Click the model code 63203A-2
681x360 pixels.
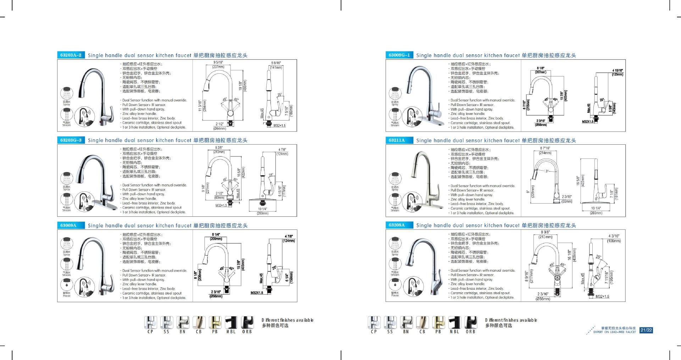[71, 55]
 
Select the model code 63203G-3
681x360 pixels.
[71, 140]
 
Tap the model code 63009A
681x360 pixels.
[68, 225]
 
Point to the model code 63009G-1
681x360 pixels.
[399, 55]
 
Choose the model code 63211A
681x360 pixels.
[397, 140]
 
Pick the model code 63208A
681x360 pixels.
[397, 225]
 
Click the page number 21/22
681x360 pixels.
[646, 330]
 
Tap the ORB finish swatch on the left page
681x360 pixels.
[247, 322]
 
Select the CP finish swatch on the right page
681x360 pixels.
[374, 322]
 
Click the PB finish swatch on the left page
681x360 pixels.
[215, 322]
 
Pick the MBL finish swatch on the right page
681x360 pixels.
[454, 322]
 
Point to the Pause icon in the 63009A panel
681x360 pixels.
[67, 285]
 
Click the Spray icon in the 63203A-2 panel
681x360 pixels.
[67, 93]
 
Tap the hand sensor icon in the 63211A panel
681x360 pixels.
[413, 202]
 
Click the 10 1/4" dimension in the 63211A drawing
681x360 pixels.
[596, 209]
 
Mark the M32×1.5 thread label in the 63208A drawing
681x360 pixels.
[602, 297]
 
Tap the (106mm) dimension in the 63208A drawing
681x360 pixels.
[614, 241]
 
